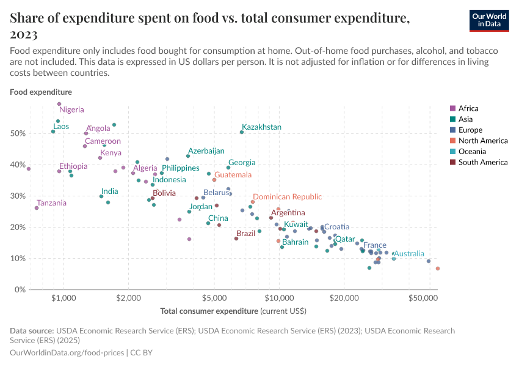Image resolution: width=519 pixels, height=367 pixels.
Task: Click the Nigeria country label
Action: [x=72, y=110]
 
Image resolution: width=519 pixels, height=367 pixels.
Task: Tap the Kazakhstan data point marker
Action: [x=242, y=132]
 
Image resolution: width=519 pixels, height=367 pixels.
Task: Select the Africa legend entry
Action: [x=468, y=108]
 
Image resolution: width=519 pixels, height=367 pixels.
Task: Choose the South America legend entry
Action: [x=482, y=162]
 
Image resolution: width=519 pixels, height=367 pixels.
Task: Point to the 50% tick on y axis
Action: [x=18, y=133]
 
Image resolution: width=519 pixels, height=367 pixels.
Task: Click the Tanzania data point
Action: [x=37, y=208]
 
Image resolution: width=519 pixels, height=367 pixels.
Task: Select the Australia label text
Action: [x=408, y=253]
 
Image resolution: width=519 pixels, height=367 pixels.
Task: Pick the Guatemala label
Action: [x=233, y=175]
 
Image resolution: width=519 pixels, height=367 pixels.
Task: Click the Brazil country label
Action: [x=245, y=234]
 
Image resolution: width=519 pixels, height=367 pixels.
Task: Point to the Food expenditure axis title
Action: [x=41, y=92]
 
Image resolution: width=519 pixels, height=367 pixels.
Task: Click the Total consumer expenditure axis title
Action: [x=233, y=311]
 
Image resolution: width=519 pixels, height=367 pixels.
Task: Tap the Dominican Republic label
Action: [x=287, y=197]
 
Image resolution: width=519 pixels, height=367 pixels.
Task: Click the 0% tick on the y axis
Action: [x=20, y=289]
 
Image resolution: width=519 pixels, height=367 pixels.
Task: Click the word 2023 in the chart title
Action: [x=24, y=34]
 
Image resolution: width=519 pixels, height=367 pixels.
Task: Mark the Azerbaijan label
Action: [x=206, y=151]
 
